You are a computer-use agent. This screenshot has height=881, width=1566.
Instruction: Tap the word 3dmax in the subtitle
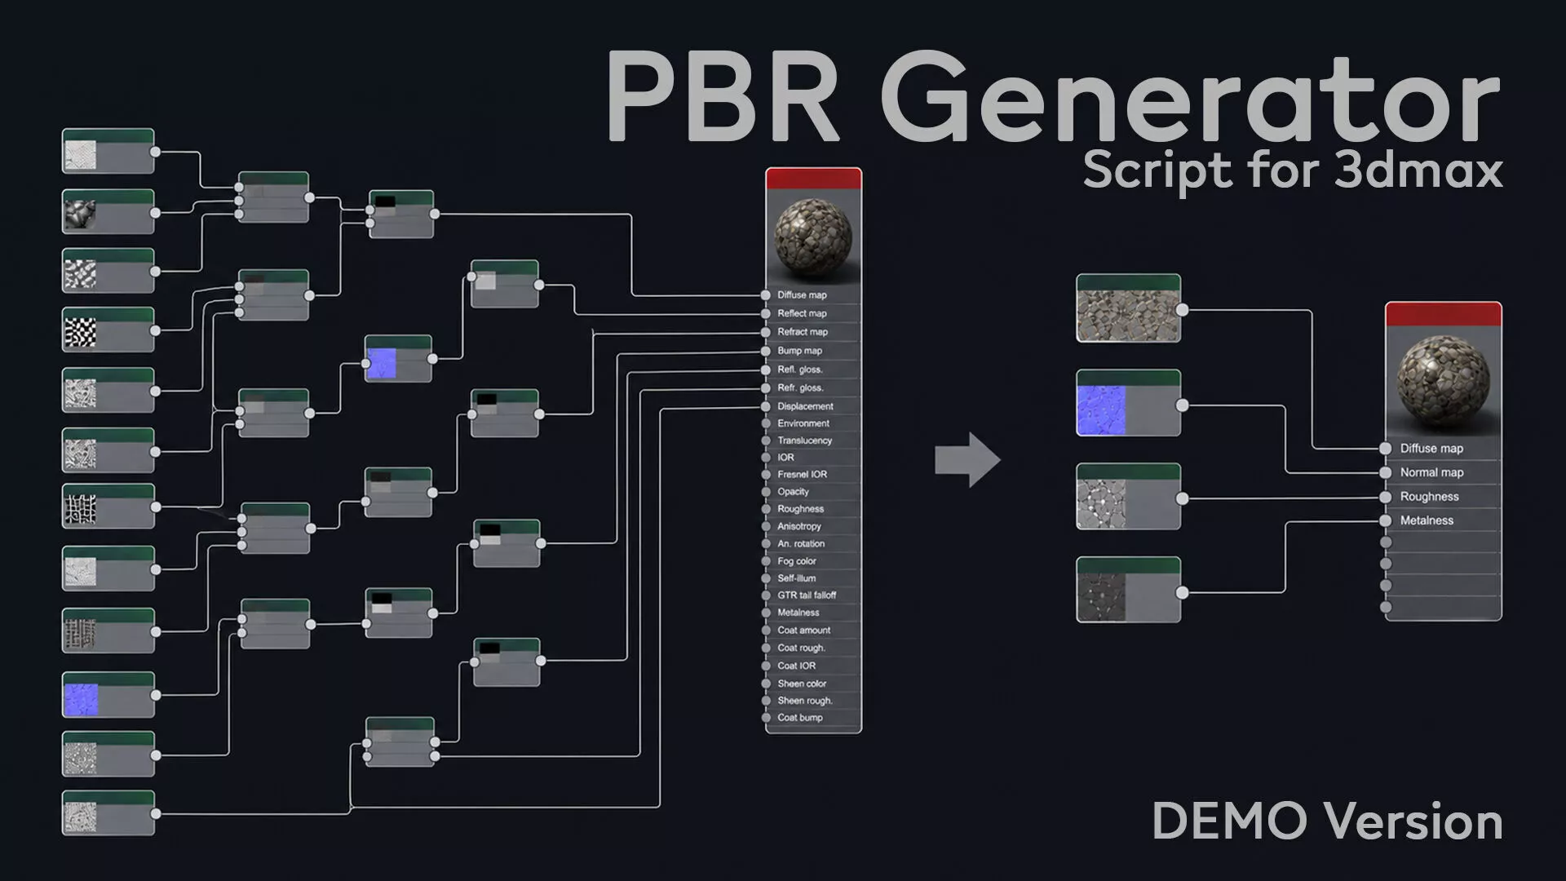tap(1419, 170)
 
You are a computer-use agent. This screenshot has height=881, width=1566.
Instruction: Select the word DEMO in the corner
tap(1229, 821)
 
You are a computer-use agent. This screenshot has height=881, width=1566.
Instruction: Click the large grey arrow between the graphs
tap(967, 460)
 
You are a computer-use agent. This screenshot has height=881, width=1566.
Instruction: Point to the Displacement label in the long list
tap(805, 406)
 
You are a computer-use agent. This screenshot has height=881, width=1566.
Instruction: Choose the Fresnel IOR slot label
tap(802, 474)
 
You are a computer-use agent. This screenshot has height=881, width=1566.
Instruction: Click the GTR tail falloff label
tap(807, 595)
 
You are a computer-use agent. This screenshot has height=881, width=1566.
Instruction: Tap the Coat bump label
tap(800, 718)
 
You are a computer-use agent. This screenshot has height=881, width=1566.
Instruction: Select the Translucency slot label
tap(805, 440)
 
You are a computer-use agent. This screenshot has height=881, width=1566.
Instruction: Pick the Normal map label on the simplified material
tap(1431, 472)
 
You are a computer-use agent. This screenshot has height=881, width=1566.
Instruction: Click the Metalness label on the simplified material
tap(1427, 520)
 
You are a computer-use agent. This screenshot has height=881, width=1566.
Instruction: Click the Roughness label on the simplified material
tap(1429, 497)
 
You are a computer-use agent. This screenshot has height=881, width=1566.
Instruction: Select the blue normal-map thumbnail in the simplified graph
tap(1101, 410)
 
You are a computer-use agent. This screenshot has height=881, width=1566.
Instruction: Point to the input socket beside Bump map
tap(766, 351)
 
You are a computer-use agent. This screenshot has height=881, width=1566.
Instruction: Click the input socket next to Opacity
tap(766, 492)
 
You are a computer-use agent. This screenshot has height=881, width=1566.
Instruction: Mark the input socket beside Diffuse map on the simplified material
tap(1386, 449)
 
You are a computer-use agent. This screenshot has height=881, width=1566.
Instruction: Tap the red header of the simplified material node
tap(1443, 315)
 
